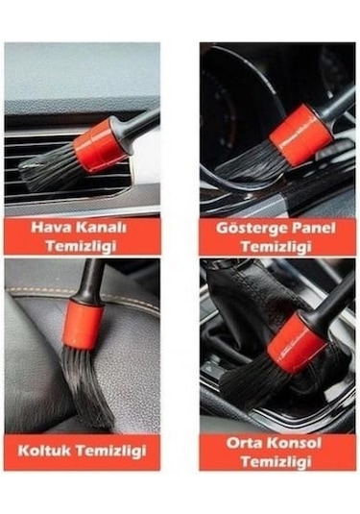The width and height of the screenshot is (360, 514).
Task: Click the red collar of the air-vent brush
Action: coord(99,146)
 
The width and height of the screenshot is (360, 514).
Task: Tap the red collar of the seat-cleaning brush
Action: coord(84,325)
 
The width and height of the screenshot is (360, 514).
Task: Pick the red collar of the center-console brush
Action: coord(295,341)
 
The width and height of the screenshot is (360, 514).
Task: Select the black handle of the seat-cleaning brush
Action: coord(89,279)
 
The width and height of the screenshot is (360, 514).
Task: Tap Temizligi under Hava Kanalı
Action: coord(82,246)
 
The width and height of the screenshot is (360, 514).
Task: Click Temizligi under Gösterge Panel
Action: coord(276,246)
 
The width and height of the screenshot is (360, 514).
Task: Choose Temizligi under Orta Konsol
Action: coord(276,460)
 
